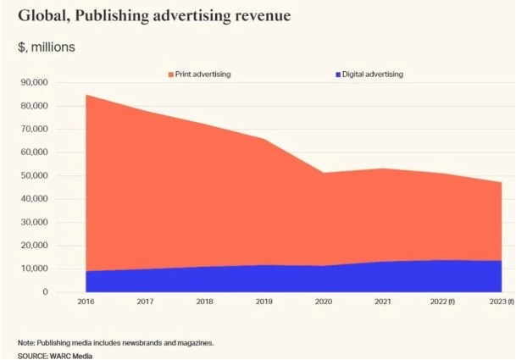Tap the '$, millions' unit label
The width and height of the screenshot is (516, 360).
[47, 47]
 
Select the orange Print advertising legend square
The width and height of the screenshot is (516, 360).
[170, 75]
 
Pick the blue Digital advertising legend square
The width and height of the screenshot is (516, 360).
[337, 75]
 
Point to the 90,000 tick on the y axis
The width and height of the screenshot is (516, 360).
[35, 82]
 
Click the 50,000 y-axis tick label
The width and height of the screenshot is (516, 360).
[35, 176]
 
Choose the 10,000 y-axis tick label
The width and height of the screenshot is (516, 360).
[35, 269]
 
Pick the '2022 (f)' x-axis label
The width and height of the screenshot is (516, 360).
[442, 302]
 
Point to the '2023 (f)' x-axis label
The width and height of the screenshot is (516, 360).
[501, 302]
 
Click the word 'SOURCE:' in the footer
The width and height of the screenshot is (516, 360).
[32, 355]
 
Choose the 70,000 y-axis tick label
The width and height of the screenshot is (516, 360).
[35, 129]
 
